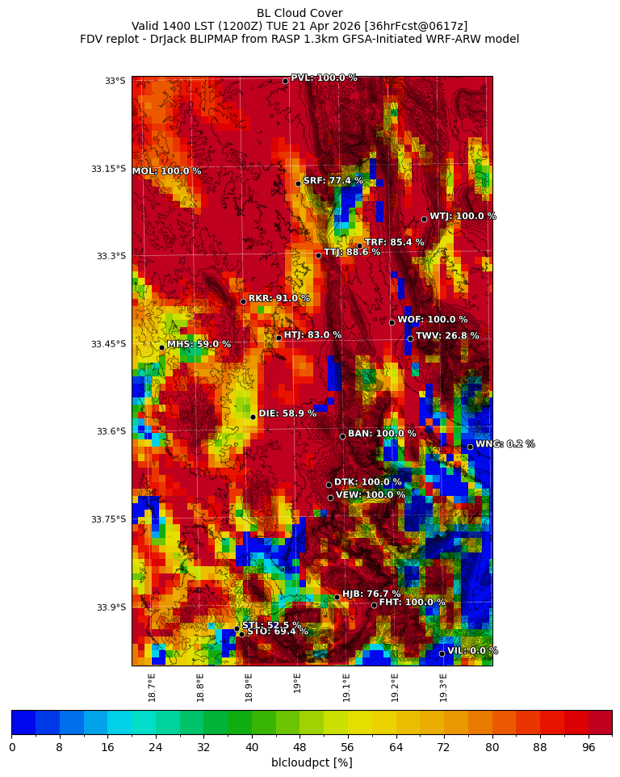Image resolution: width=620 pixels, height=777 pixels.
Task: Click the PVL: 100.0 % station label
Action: point(324,78)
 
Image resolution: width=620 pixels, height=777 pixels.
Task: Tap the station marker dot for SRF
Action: point(298,183)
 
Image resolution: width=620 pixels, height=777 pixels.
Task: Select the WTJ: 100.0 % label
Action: point(463,216)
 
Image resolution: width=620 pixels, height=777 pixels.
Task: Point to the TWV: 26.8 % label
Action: point(447,336)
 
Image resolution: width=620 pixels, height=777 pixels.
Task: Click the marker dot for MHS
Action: point(161,347)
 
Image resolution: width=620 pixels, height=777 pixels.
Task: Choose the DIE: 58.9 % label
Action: point(287,414)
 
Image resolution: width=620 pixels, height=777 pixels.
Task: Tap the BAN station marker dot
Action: point(342,436)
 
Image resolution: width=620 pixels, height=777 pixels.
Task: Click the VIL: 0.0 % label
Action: point(472,651)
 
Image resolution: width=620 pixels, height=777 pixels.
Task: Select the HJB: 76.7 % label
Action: point(371,594)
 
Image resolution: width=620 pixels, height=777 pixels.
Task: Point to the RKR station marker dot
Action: point(243,301)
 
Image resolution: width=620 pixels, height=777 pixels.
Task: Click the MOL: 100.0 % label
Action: point(166,171)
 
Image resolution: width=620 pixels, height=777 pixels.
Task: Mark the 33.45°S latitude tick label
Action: point(109,344)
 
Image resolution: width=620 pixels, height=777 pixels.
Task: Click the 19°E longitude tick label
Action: point(298,682)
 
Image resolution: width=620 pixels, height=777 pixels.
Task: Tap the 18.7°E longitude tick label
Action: point(152,687)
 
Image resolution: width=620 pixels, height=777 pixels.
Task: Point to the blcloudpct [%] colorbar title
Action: point(312,762)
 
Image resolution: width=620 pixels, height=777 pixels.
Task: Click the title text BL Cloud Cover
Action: point(300,13)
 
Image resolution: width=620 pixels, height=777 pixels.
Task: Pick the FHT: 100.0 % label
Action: point(412,603)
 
